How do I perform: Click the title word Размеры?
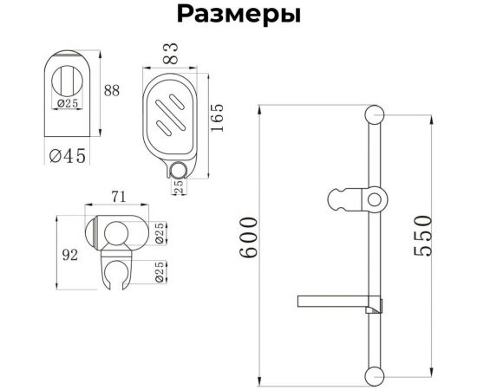click(238, 15)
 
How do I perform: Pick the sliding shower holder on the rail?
click(357, 200)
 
